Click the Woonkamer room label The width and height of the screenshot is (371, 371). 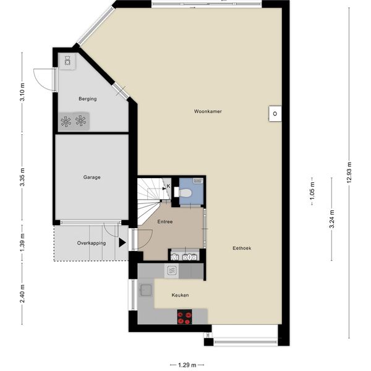pyautogui.click(x=207, y=111)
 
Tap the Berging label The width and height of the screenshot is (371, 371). pyautogui.click(x=87, y=99)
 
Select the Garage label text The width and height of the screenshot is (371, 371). pyautogui.click(x=92, y=177)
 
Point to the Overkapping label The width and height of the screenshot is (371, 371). pyautogui.click(x=91, y=243)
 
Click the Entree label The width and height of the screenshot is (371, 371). pyautogui.click(x=164, y=221)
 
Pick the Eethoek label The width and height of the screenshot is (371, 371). pyautogui.click(x=241, y=248)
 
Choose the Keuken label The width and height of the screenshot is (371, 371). pyautogui.click(x=180, y=295)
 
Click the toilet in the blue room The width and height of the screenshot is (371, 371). pyautogui.click(x=184, y=192)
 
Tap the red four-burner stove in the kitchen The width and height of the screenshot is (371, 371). pyautogui.click(x=184, y=318)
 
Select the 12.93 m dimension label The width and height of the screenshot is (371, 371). pyautogui.click(x=349, y=172)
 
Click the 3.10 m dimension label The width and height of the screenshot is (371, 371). pyautogui.click(x=22, y=96)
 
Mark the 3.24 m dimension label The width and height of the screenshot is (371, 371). pyautogui.click(x=331, y=221)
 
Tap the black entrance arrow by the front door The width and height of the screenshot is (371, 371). pyautogui.click(x=122, y=243)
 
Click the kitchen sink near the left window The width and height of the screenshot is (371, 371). pyautogui.click(x=147, y=290)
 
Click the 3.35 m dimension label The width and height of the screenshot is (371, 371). pyautogui.click(x=22, y=177)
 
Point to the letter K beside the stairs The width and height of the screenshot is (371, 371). pyautogui.click(x=168, y=185)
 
